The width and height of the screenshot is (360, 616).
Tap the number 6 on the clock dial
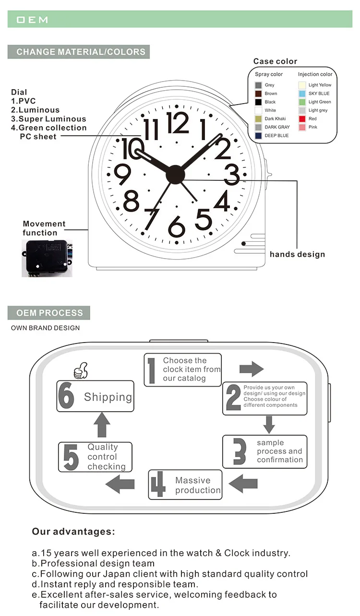pos(177,226)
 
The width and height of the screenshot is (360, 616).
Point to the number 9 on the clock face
pos(123,175)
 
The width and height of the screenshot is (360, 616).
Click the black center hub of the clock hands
pos(175,174)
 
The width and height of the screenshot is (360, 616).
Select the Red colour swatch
pos(302,118)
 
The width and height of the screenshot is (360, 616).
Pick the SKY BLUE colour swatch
pos(302,94)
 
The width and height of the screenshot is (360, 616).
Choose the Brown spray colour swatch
pos(258,94)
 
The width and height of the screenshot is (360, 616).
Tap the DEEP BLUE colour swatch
pos(258,136)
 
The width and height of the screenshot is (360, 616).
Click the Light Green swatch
pos(302,102)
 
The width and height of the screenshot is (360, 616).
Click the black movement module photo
pos(47,258)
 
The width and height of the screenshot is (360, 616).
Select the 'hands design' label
pos(297,254)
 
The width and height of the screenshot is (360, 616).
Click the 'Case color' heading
pos(275,61)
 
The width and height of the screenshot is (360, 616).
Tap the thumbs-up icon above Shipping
pos(81,371)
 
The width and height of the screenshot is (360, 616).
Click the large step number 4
pos(157,485)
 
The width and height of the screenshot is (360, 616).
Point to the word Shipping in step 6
pos(108,397)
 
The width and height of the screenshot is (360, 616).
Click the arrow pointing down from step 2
pos(269,424)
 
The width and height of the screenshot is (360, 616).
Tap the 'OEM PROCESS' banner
pos(49,313)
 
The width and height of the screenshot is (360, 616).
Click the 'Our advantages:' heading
pos(73,532)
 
